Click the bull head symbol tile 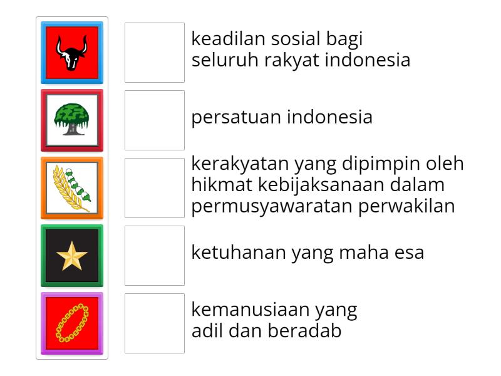[72, 53]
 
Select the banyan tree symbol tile [72, 120]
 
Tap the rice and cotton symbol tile [72, 188]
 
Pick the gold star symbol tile [72, 256]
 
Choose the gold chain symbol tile [72, 323]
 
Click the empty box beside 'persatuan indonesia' [155, 120]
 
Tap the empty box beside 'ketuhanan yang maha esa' [155, 256]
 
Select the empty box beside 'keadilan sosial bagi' [155, 53]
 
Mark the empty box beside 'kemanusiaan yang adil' [155, 323]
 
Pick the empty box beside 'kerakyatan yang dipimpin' [155, 188]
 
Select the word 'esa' [410, 253]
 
